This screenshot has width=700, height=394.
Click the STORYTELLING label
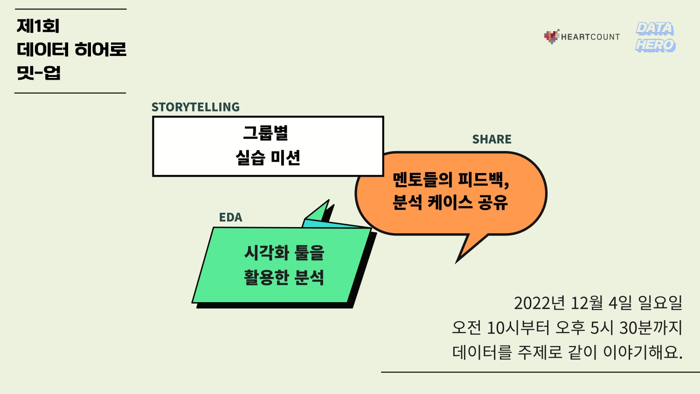[195, 107]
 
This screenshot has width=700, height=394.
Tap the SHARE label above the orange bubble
[492, 139]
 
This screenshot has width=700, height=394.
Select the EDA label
[231, 217]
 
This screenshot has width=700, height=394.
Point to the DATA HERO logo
[655, 37]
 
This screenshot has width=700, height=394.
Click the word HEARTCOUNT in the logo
[590, 37]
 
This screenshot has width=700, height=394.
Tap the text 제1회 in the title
[38, 26]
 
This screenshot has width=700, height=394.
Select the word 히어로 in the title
[100, 50]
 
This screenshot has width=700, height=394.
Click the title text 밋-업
[38, 73]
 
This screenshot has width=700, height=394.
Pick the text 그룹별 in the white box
[265, 133]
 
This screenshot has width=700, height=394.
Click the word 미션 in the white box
[285, 158]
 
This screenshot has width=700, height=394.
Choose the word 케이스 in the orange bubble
[450, 202]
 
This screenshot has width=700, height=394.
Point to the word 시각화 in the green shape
[267, 252]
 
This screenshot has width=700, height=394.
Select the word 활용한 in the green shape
[266, 277]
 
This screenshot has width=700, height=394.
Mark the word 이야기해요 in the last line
[643, 352]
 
